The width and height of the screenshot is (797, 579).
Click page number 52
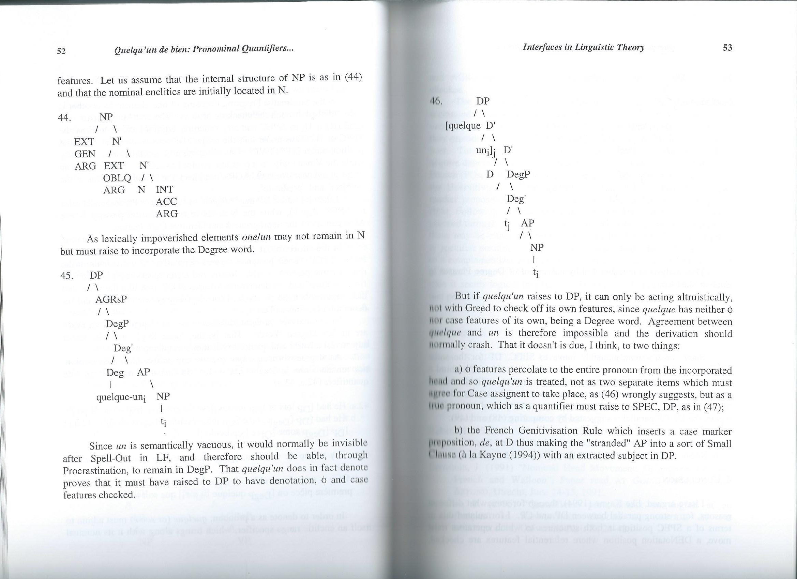click(x=61, y=51)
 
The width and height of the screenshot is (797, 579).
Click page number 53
click(x=727, y=47)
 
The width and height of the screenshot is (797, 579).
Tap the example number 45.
click(x=67, y=276)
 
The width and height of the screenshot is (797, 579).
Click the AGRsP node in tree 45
click(x=111, y=299)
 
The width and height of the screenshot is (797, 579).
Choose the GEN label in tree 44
click(x=85, y=154)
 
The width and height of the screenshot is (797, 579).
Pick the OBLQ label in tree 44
click(x=117, y=178)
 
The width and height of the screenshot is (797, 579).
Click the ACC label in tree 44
click(x=166, y=202)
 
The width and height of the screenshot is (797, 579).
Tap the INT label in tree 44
click(x=164, y=190)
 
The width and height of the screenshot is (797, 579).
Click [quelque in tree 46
click(x=463, y=126)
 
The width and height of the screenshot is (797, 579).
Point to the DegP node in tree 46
click(x=518, y=174)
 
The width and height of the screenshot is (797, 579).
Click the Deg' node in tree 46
click(x=516, y=199)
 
